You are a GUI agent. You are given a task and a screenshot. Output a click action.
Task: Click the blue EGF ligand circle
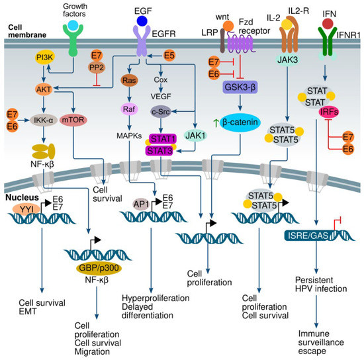point(141,21)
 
